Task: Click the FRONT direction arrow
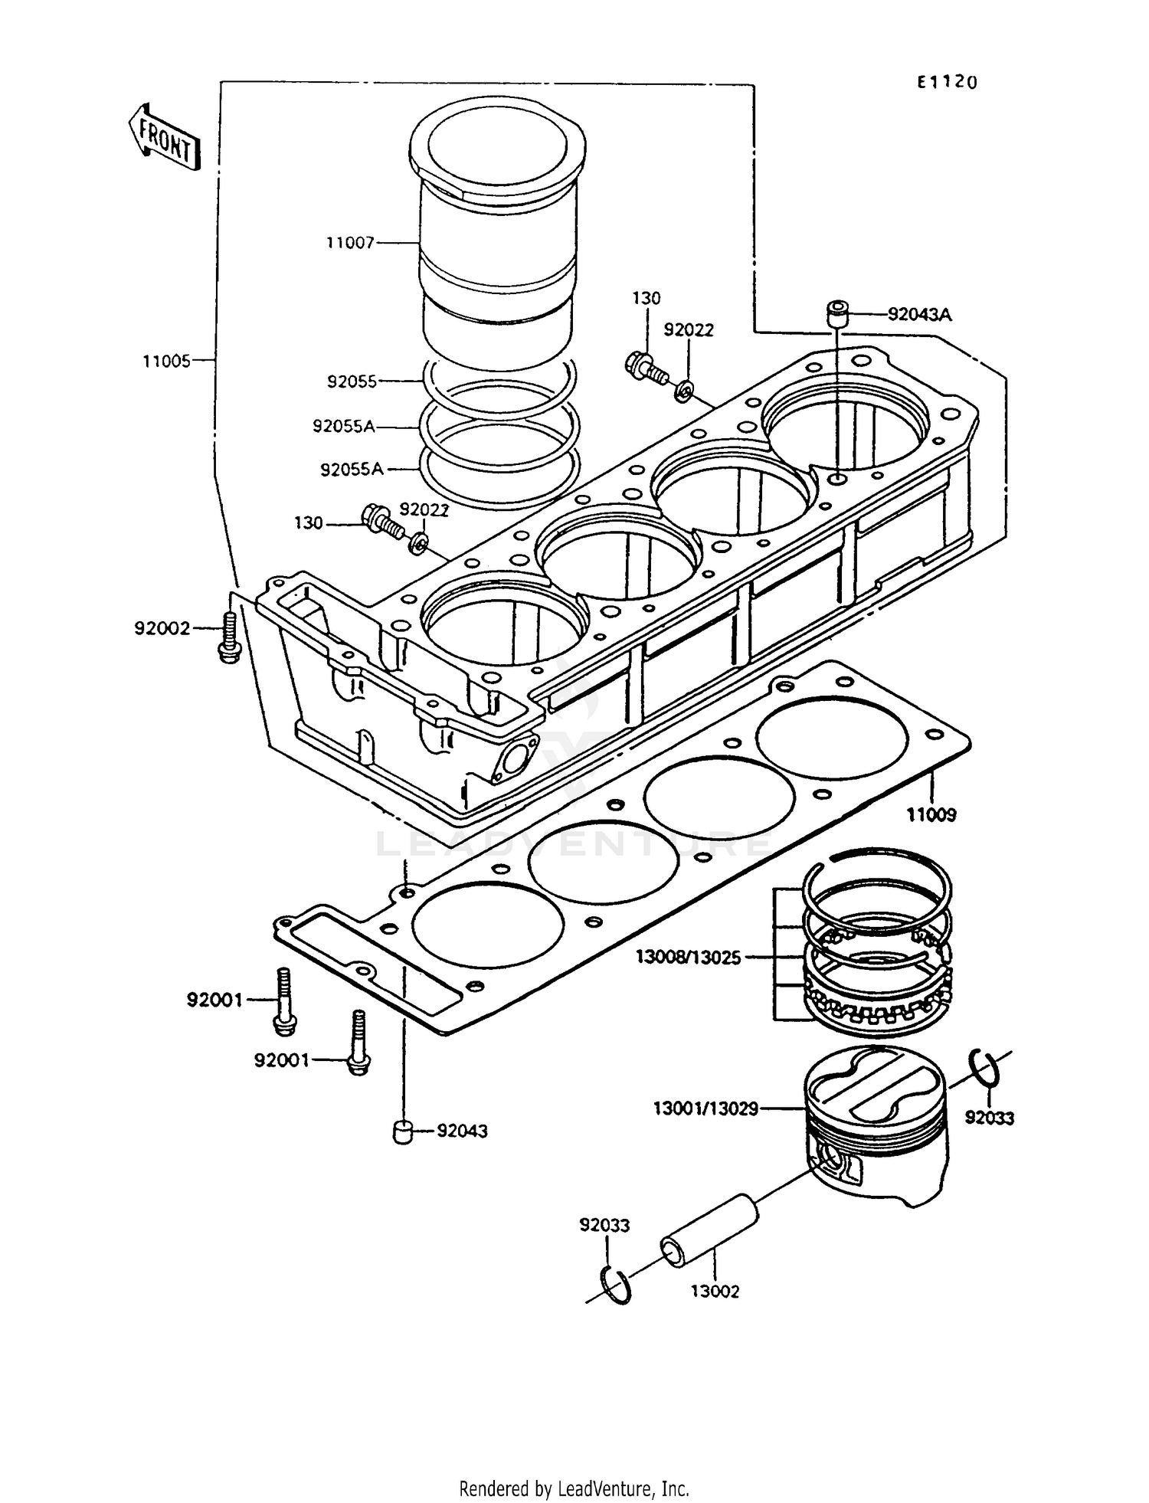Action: pos(163,136)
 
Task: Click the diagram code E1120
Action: pos(948,82)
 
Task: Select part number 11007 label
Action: pos(350,243)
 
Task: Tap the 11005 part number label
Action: pos(166,361)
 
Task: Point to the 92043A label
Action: pos(920,315)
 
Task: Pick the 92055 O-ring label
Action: pos(352,381)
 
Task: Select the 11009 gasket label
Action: pos(931,815)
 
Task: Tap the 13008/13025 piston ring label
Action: pos(687,958)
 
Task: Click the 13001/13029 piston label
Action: pos(705,1108)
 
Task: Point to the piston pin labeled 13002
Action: pos(709,1237)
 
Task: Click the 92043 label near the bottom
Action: pos(462,1131)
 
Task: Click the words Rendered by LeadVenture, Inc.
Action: pos(574,1489)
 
